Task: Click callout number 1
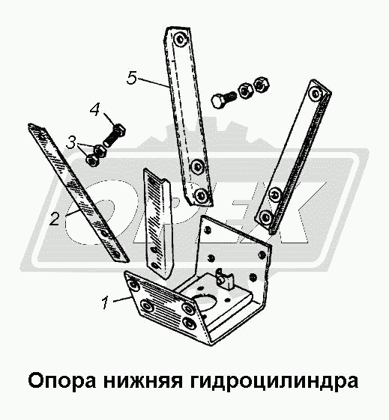[x=106, y=302]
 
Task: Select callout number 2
[x=55, y=219]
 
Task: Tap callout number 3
[x=71, y=142]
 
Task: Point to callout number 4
[x=94, y=110]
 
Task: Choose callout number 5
[x=132, y=78]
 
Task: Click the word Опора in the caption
[x=62, y=380]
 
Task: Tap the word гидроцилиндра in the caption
[x=274, y=380]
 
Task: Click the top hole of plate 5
[x=180, y=40]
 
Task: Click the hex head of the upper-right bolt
[x=219, y=102]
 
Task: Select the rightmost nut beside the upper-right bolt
[x=261, y=84]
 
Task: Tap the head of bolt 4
[x=120, y=130]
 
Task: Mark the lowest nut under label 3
[x=92, y=160]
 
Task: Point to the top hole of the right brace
[x=316, y=93]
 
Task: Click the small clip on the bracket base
[x=225, y=280]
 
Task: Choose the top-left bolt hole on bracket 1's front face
[x=134, y=285]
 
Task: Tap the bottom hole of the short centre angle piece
[x=154, y=265]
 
